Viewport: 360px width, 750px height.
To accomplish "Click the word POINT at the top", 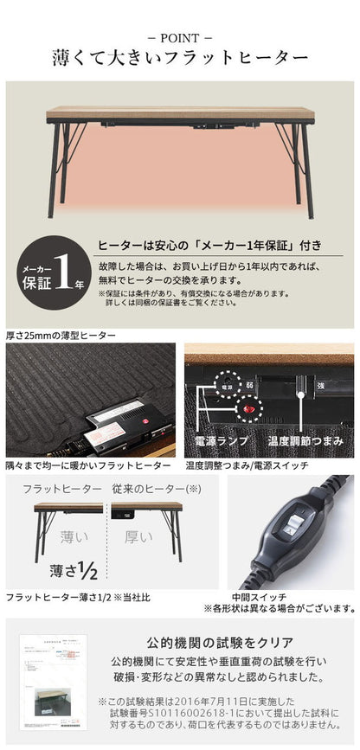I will click(x=180, y=38).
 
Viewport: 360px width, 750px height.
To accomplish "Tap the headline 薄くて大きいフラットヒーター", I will click(x=180, y=60).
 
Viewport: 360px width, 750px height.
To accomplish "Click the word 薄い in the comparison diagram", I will click(x=73, y=538).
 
